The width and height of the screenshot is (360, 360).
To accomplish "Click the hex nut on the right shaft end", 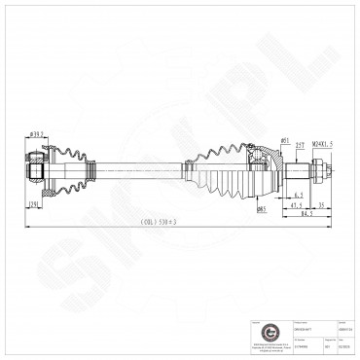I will tap(321, 174).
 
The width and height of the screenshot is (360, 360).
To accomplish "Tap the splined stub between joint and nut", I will tap(297, 174).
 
